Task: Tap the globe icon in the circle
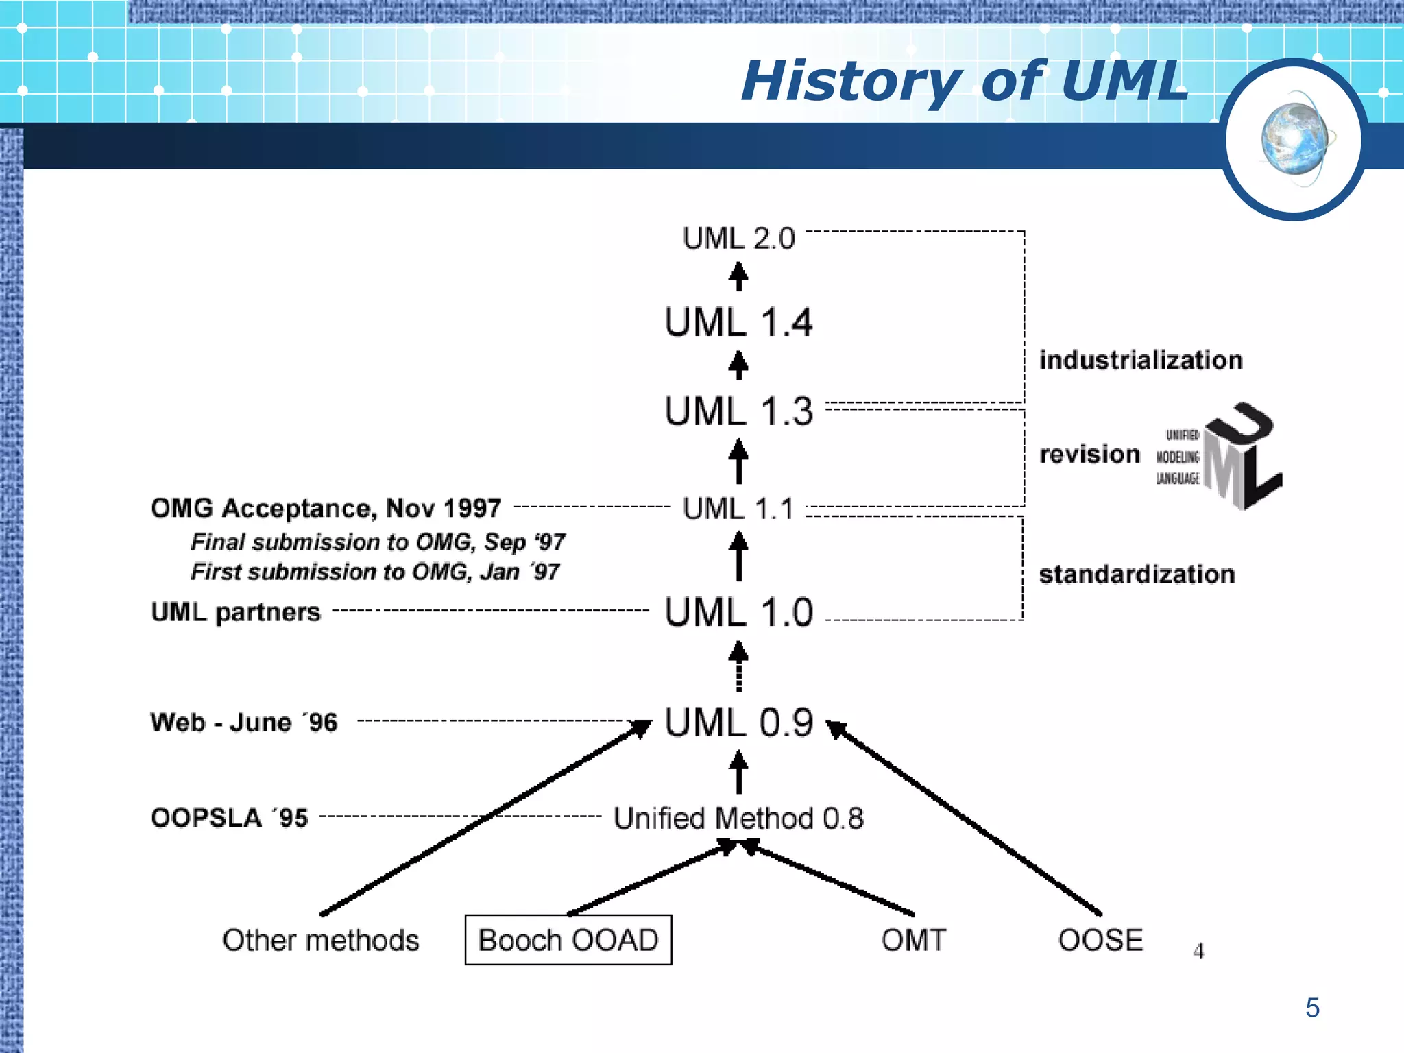click(x=1294, y=139)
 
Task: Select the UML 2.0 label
click(x=738, y=239)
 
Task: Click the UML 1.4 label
click(x=738, y=323)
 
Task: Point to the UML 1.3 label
click(x=738, y=411)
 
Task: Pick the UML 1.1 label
click(x=738, y=509)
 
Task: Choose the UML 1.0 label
click(x=738, y=612)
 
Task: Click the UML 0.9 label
click(x=738, y=723)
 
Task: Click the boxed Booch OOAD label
click(x=568, y=940)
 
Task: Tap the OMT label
click(x=914, y=940)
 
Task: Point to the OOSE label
click(x=1100, y=940)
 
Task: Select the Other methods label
click(x=320, y=940)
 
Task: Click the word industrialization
click(x=1141, y=361)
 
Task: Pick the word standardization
click(x=1137, y=574)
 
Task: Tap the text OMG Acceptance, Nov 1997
click(x=326, y=509)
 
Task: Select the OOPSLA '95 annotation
click(x=230, y=818)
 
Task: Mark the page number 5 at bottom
click(x=1312, y=1008)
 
